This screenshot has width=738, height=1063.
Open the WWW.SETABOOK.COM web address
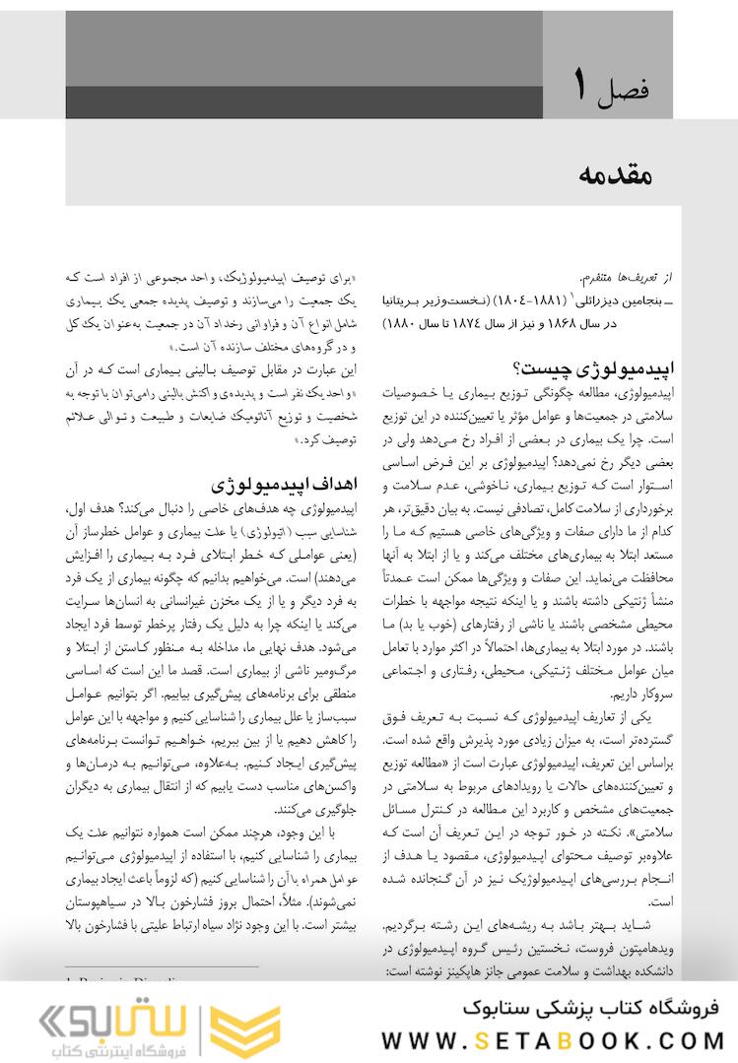click(552, 1039)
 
